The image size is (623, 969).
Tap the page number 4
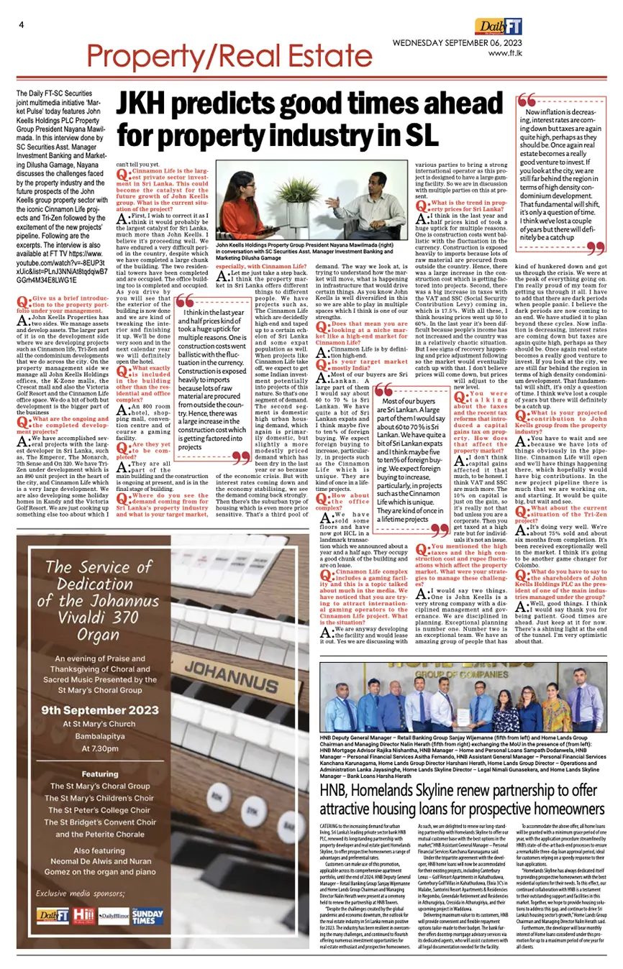[22, 25]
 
